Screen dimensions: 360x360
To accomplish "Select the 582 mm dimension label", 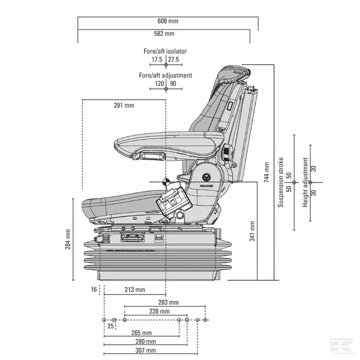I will pyautogui.click(x=165, y=34).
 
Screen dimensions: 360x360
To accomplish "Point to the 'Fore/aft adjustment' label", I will pyautogui.click(x=165, y=76).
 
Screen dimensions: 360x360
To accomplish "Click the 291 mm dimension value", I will pyautogui.click(x=124, y=106).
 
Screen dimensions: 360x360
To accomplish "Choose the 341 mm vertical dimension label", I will pyautogui.click(x=252, y=230).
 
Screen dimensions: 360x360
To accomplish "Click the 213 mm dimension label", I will pyautogui.click(x=136, y=290).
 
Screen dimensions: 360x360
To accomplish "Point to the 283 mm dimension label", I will pyautogui.click(x=168, y=302).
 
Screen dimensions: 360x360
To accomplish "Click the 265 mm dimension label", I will pyautogui.click(x=141, y=332).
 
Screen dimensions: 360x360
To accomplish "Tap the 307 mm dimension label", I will pyautogui.click(x=145, y=350).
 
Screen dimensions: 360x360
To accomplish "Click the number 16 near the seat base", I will pyautogui.click(x=94, y=290).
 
